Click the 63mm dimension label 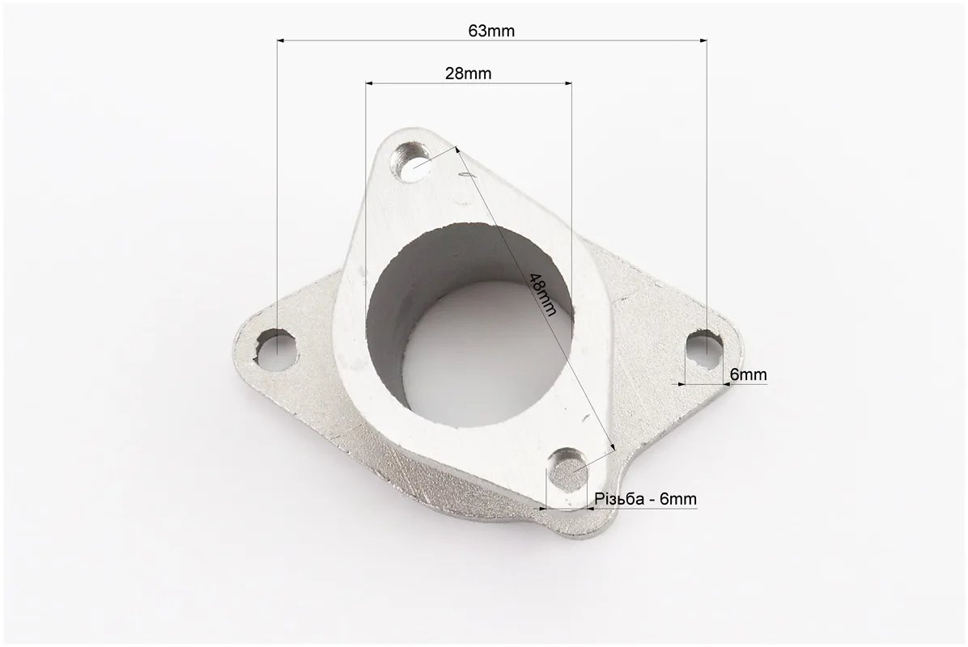point(490,30)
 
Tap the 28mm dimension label point(468,74)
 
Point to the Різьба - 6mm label point(646,498)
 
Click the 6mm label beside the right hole point(748,374)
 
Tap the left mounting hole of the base point(277,349)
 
